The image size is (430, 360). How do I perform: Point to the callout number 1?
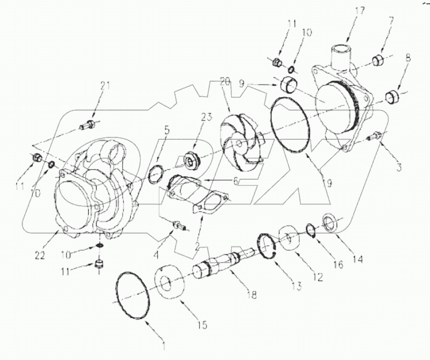click(164, 346)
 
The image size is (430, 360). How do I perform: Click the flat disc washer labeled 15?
click(170, 285)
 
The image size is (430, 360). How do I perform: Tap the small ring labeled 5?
click(156, 173)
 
